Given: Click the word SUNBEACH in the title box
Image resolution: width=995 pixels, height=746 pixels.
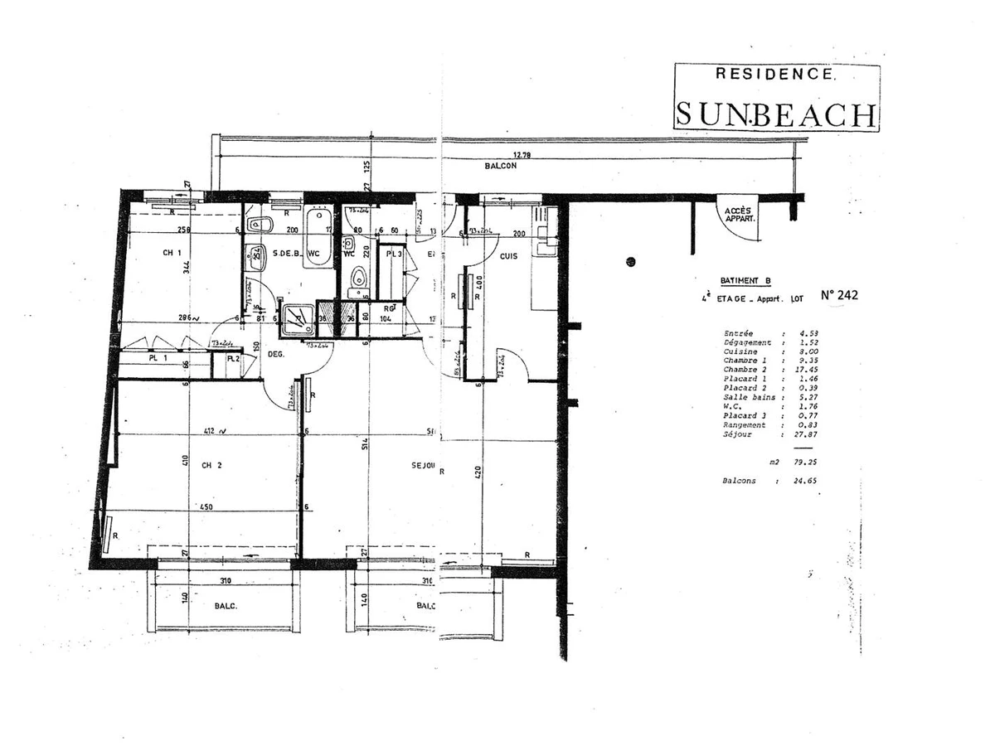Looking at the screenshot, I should [x=775, y=114].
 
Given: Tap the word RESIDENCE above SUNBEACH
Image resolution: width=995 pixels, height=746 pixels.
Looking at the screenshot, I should [x=775, y=74].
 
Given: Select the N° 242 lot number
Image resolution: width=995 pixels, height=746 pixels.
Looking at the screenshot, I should [x=838, y=294].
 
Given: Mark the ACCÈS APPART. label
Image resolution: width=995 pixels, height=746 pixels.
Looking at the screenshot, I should [x=737, y=216].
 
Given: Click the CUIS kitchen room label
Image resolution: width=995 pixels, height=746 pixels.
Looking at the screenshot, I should [x=507, y=256].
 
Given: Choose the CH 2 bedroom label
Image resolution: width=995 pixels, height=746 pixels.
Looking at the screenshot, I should [x=211, y=465].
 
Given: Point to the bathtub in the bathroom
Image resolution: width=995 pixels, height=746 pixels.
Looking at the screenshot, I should [x=317, y=238].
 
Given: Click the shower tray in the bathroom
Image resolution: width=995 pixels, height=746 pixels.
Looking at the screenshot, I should [x=297, y=320].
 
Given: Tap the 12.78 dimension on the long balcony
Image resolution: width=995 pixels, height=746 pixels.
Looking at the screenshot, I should [x=522, y=155].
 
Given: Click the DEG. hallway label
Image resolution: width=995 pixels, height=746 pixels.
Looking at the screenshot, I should [x=277, y=354].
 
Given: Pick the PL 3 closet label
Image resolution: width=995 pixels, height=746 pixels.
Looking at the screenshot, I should [x=394, y=254].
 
